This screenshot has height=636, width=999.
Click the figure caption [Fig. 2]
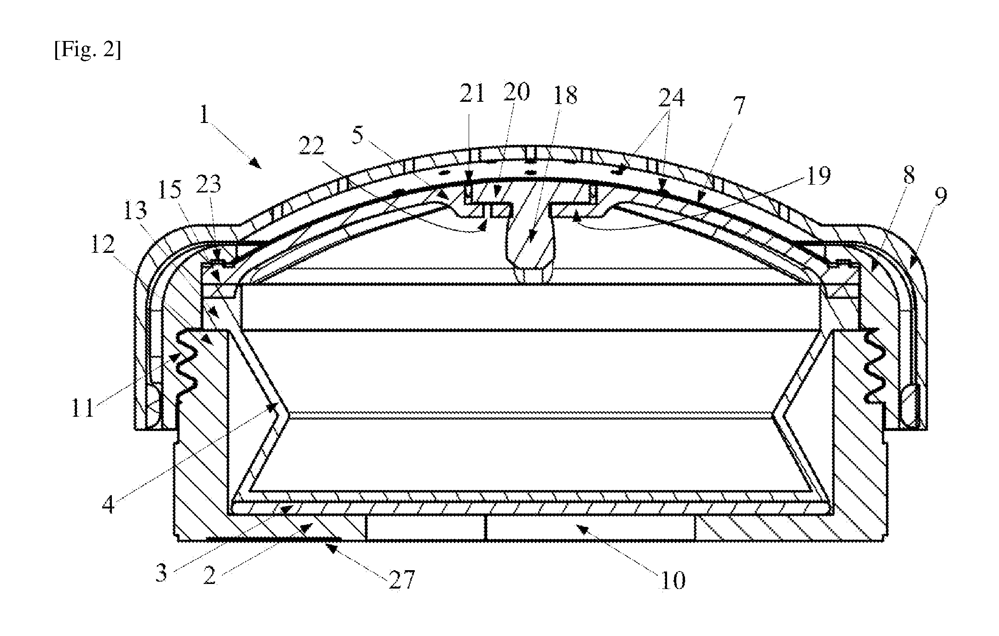point(87,50)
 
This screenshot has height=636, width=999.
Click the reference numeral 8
point(908,176)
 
